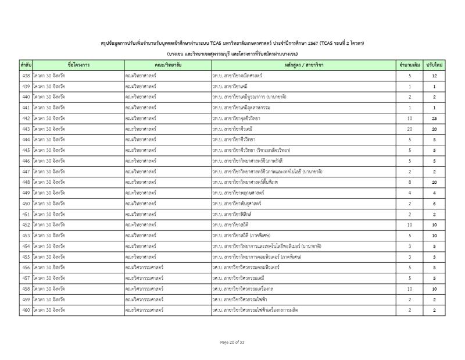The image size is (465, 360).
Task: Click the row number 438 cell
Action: [x=26, y=76]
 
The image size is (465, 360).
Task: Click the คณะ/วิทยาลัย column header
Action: [x=167, y=65]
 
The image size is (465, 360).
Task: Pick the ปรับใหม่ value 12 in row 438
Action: [x=434, y=76]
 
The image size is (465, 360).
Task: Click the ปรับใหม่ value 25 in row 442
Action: [x=434, y=119]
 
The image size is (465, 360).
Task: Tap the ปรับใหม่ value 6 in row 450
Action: [x=434, y=204]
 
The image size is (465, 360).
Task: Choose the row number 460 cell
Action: [x=26, y=310]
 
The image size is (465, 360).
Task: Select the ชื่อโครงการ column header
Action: [x=78, y=65]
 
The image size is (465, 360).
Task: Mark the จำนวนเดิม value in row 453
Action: [x=410, y=236]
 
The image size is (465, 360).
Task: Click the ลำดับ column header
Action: [x=26, y=65]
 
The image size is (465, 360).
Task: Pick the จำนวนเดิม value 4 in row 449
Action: [x=410, y=193]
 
